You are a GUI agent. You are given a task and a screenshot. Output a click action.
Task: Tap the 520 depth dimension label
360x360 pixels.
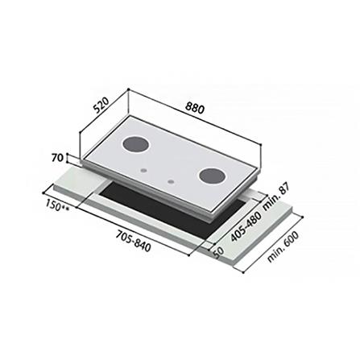tap(101, 107)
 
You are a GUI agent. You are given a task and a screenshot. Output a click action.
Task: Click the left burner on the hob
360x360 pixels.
tap(134, 146)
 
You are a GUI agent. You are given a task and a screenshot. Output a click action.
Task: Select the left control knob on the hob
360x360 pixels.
tap(142, 171)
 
